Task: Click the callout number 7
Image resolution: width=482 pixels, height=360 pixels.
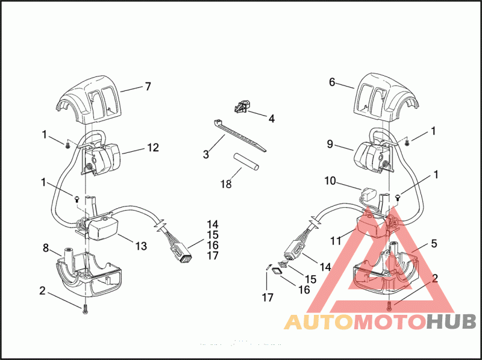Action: [x=148, y=87]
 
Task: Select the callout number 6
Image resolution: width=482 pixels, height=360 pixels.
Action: [x=332, y=82]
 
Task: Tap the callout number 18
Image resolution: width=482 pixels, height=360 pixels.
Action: [x=226, y=184]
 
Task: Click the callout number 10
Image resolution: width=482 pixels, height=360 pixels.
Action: [x=330, y=180]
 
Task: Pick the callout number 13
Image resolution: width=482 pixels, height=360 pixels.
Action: [x=141, y=246]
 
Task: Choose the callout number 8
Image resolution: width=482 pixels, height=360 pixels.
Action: [x=45, y=247]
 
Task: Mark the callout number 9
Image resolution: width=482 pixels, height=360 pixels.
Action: [x=330, y=144]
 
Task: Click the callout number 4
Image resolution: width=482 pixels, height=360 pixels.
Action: [x=271, y=119]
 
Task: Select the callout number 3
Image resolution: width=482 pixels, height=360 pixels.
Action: [x=205, y=155]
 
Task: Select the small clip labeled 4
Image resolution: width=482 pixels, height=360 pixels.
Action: [x=241, y=107]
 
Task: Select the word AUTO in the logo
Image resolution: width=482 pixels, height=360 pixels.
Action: [x=317, y=321]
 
